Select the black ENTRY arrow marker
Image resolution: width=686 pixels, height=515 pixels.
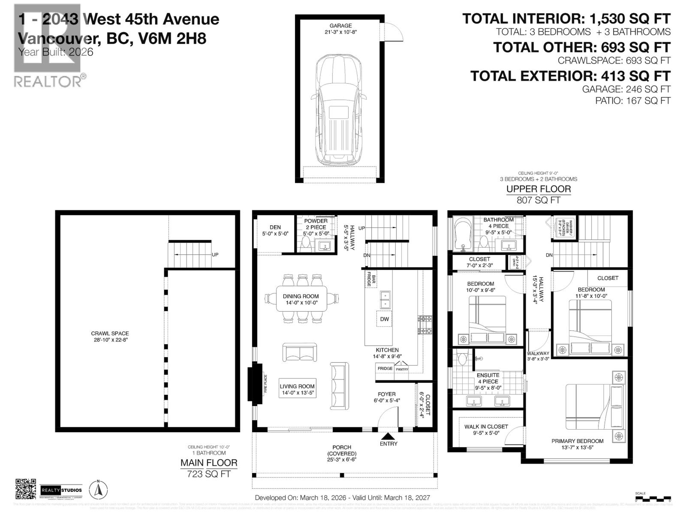[x=388, y=436]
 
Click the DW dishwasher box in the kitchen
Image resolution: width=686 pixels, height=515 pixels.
[x=384, y=319]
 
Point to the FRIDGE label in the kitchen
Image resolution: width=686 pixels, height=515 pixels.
[x=385, y=368]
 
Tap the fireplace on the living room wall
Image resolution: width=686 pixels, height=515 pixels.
[x=257, y=384]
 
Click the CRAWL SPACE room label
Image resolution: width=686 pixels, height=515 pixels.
[x=110, y=336]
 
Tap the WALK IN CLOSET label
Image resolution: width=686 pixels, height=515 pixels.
[x=486, y=427]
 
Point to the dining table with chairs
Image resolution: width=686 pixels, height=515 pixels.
[x=301, y=299]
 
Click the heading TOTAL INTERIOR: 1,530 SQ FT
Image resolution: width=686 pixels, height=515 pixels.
[x=566, y=19]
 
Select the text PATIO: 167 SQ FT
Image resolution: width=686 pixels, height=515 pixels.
[x=632, y=101]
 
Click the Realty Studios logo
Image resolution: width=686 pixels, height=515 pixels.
[x=61, y=490]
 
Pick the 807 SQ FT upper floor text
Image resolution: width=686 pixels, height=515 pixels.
[x=539, y=200]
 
